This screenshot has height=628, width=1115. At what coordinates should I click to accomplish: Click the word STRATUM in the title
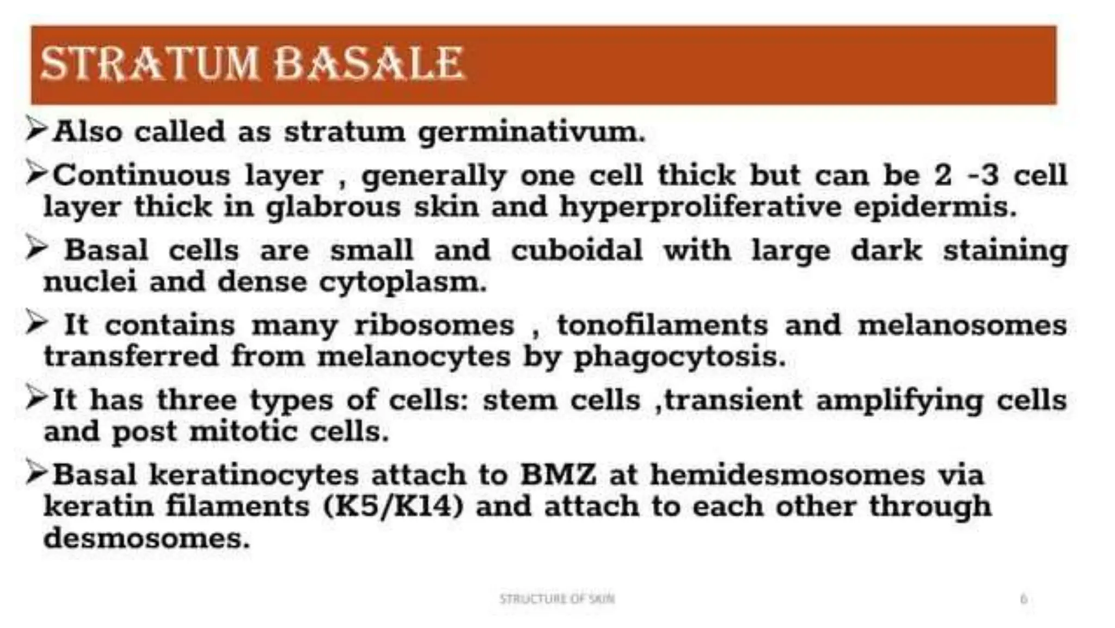pyautogui.click(x=149, y=64)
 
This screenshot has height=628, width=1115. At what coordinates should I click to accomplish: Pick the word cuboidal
pyautogui.click(x=577, y=251)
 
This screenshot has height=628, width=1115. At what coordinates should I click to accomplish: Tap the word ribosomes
pyautogui.click(x=434, y=326)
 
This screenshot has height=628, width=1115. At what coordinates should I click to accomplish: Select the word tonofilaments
pyautogui.click(x=662, y=326)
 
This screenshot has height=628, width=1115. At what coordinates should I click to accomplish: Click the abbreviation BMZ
pyautogui.click(x=558, y=474)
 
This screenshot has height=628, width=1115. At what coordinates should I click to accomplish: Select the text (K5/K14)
pyautogui.click(x=393, y=507)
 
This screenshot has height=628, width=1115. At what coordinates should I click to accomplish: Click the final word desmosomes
pyautogui.click(x=146, y=539)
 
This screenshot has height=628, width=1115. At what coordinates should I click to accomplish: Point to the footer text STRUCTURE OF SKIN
pyautogui.click(x=557, y=599)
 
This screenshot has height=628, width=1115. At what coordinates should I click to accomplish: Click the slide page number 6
pyautogui.click(x=1023, y=599)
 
